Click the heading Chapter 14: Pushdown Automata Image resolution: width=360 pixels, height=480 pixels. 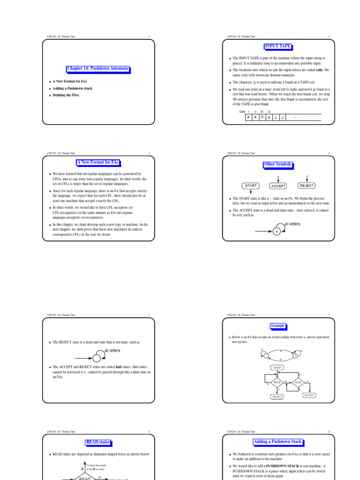[98, 68]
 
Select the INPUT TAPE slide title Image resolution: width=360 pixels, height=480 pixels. [278, 46]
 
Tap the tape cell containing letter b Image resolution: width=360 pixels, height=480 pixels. [262, 117]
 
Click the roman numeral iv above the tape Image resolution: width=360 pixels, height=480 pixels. [269, 112]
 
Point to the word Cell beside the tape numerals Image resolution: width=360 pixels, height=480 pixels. [242, 112]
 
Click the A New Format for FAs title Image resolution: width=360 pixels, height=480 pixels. [98, 162]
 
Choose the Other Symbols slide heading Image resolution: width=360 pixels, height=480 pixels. [278, 165]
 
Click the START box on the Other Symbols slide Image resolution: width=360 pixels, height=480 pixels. [251, 186]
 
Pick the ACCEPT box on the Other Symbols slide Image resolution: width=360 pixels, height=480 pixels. [278, 186]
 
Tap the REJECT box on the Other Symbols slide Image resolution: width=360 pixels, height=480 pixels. [307, 185]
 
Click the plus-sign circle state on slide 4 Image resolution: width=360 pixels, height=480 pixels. [277, 232]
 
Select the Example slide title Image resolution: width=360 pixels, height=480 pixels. [278, 326]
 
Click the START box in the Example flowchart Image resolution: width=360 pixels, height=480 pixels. [277, 367]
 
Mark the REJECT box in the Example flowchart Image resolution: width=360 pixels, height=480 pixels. [277, 397]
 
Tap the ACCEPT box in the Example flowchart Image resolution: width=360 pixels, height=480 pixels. [309, 395]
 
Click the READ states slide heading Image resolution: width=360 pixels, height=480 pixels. [98, 442]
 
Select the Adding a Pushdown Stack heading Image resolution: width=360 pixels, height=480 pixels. [278, 442]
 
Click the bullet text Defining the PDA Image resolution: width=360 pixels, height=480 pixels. [66, 95]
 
